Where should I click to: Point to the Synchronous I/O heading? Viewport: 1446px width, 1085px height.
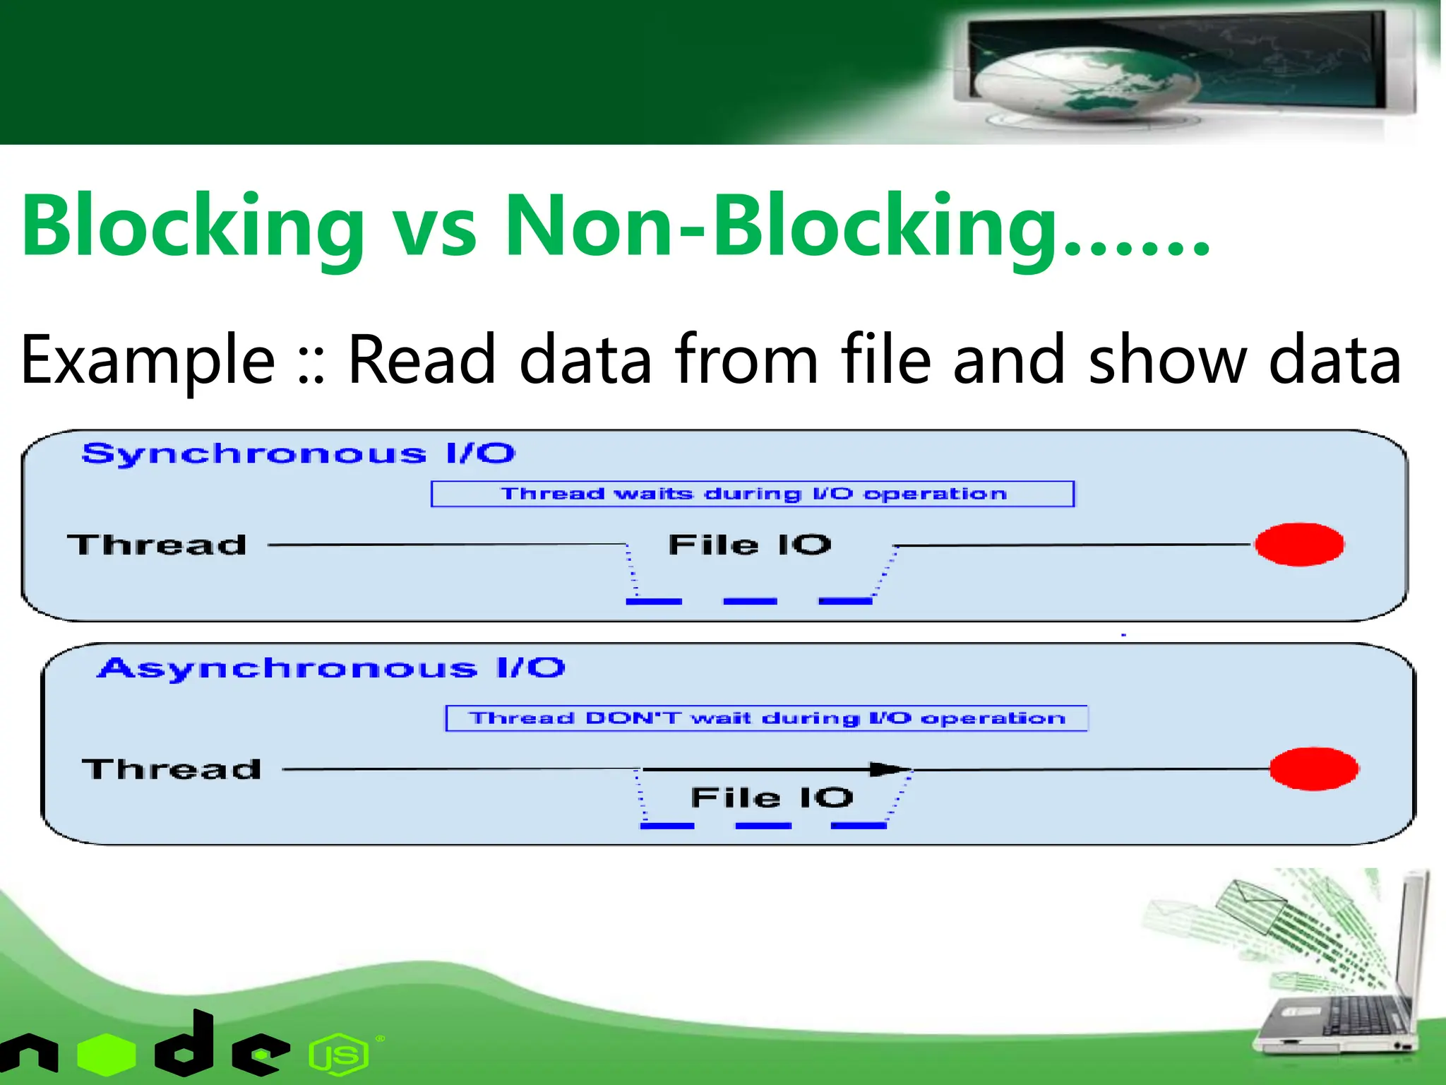coord(298,453)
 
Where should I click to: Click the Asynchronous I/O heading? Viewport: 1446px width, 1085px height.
coord(331,668)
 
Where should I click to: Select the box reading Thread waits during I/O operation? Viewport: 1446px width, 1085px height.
coord(752,494)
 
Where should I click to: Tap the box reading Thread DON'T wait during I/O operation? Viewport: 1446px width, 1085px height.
coord(766,718)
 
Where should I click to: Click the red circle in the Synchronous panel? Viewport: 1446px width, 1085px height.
coord(1299,545)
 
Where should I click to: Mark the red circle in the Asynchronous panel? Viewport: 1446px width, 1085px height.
coord(1314,769)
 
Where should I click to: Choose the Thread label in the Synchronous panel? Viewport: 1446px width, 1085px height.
coord(157,545)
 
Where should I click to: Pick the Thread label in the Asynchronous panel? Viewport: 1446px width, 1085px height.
coord(172,769)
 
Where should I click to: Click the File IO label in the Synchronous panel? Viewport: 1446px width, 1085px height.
coord(750,545)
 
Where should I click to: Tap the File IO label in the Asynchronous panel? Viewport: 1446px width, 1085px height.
coord(772,798)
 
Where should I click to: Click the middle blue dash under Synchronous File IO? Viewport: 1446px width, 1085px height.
coord(750,601)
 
